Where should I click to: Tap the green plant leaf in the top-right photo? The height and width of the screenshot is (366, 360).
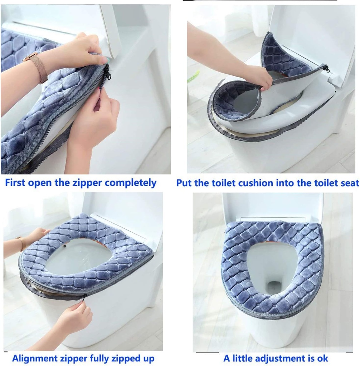coord(193,76)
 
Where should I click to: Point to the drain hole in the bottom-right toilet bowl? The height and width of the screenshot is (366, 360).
coord(274,286)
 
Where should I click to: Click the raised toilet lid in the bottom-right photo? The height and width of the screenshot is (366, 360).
coord(272,206)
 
